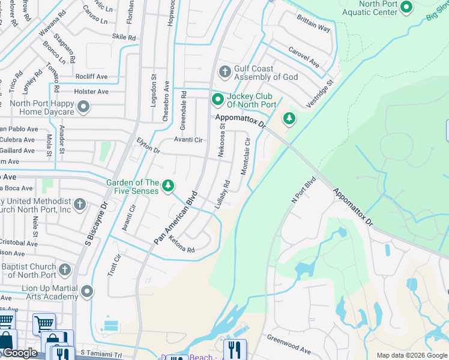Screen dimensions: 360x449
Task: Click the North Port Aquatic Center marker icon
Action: tap(406, 7)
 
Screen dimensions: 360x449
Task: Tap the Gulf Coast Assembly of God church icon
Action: tap(225, 73)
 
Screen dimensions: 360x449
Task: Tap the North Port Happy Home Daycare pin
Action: tap(83, 107)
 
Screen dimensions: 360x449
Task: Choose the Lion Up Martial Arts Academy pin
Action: tap(87, 292)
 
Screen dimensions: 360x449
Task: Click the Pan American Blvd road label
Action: tap(175, 217)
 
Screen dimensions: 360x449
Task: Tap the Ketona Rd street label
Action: tap(182, 245)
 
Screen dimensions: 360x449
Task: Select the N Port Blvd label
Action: tap(304, 190)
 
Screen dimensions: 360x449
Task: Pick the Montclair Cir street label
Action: tap(245, 155)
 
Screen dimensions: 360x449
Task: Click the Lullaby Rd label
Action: tap(221, 195)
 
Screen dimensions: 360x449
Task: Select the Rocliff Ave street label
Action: tap(91, 77)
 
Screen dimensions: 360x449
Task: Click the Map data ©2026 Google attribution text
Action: tap(412, 355)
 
